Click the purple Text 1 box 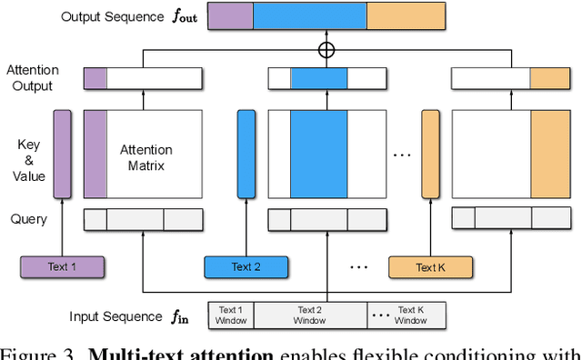click(62, 266)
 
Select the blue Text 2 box click(246, 266)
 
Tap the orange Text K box click(430, 266)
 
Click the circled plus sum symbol click(326, 50)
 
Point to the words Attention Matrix click(146, 156)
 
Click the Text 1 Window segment click(231, 315)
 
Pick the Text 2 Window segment click(310, 315)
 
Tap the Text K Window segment click(410, 315)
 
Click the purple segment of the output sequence click(230, 15)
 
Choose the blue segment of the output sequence click(310, 15)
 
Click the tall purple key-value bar click(62, 154)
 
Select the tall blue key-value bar click(246, 154)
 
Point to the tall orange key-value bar click(430, 154)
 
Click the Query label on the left click(30, 219)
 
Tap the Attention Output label click(34, 77)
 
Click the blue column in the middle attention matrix click(318, 154)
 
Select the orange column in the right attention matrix click(548, 154)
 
